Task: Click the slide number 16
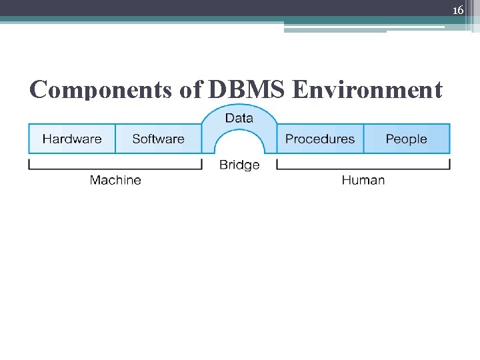click(457, 10)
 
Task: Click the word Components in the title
click(103, 89)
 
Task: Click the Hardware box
click(72, 139)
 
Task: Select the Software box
click(158, 139)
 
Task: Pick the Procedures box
click(320, 139)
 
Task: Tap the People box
click(406, 139)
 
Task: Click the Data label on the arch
click(239, 118)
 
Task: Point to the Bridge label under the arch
click(239, 165)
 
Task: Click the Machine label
click(115, 180)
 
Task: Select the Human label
click(363, 180)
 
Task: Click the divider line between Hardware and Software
click(115, 139)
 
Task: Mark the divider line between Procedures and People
click(364, 139)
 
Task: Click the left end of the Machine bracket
click(29, 164)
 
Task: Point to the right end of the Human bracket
click(449, 164)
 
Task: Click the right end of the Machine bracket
click(201, 164)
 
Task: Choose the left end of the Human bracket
click(277, 164)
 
